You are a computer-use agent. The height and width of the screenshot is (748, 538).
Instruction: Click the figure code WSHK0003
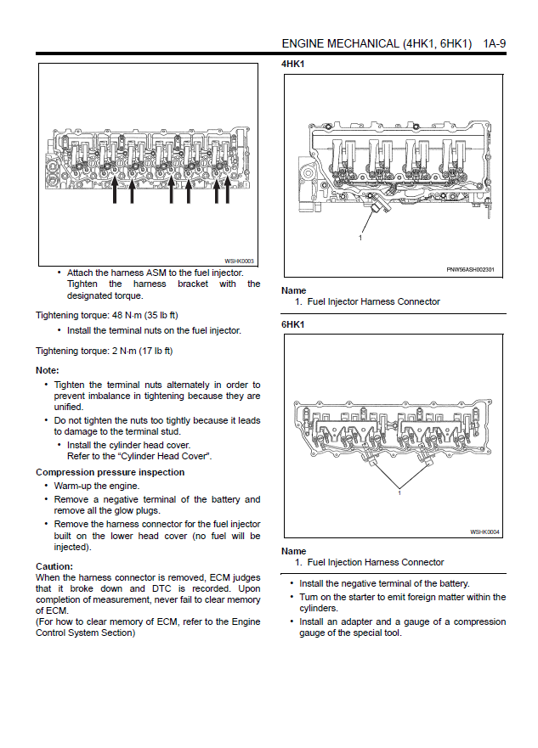click(239, 261)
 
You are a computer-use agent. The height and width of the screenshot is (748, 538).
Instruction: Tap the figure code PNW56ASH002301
click(470, 269)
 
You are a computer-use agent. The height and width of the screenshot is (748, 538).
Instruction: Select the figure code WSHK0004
click(484, 531)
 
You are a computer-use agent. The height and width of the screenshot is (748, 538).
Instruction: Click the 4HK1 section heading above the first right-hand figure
click(292, 64)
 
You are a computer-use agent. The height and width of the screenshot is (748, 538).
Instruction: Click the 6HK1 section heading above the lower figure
click(292, 324)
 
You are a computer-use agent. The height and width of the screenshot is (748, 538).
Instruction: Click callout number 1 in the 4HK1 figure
click(360, 238)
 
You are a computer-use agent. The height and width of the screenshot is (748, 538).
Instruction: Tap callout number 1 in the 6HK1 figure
click(399, 492)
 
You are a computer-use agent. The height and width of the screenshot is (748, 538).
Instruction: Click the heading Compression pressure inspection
click(110, 472)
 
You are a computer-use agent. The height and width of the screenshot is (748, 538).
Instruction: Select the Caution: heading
click(54, 566)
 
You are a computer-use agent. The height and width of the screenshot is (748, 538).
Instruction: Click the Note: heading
click(47, 370)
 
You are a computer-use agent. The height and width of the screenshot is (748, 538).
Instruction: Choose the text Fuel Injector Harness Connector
click(373, 301)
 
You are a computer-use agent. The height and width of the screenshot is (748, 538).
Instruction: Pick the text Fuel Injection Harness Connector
click(375, 562)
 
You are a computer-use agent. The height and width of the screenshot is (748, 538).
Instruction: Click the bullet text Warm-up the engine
click(97, 486)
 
